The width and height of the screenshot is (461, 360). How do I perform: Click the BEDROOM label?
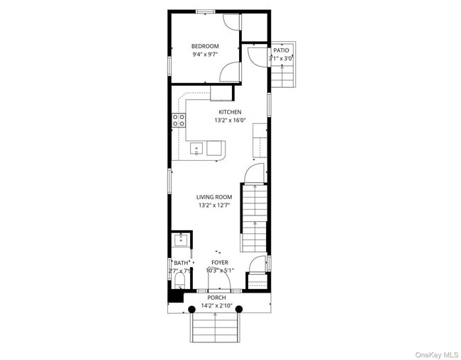(204, 46)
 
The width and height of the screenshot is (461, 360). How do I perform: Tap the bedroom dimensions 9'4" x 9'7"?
(204, 55)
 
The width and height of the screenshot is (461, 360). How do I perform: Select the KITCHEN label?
(230, 112)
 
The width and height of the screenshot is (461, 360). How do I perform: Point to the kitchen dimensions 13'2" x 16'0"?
(230, 120)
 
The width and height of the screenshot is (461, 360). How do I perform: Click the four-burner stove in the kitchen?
(179, 120)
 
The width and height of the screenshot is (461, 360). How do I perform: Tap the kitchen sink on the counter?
(196, 149)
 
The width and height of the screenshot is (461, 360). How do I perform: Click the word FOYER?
(220, 262)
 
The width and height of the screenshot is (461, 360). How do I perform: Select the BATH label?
(182, 263)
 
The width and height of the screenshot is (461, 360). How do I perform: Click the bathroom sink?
(181, 240)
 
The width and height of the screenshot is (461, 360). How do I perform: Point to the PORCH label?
(216, 298)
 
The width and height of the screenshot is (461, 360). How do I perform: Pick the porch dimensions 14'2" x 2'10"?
(216, 306)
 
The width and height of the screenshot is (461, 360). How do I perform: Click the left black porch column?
(191, 309)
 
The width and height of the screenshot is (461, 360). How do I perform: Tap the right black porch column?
(239, 309)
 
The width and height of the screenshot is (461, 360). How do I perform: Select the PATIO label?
(282, 51)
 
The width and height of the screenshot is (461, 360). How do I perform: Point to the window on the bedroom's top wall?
(206, 11)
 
